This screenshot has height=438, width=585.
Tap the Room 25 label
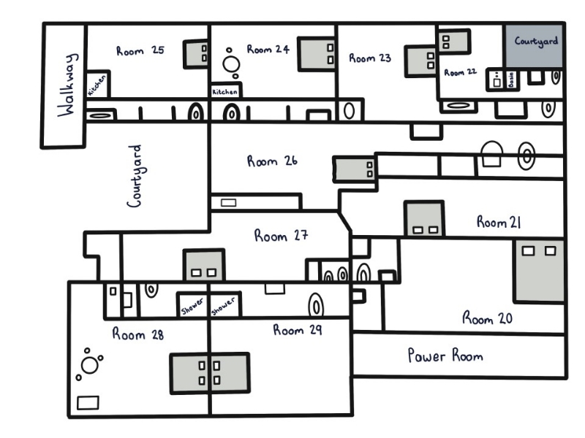pos(140,50)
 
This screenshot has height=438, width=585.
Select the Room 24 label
pos(268,50)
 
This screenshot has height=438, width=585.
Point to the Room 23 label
pos(370,58)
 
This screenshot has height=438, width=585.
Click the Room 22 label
pos(460,72)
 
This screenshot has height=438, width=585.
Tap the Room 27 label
pos(282,236)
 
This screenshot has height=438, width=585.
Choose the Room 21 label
pos(499,222)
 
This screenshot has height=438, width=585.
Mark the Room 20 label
pos(487,318)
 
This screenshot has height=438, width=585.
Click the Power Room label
pos(445,356)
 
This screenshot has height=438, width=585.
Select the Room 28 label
pos(137,334)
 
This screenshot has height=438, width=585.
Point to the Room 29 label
pos(298,330)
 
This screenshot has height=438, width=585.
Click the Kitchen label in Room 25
pos(97,85)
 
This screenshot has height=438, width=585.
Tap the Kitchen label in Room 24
pos(224,92)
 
